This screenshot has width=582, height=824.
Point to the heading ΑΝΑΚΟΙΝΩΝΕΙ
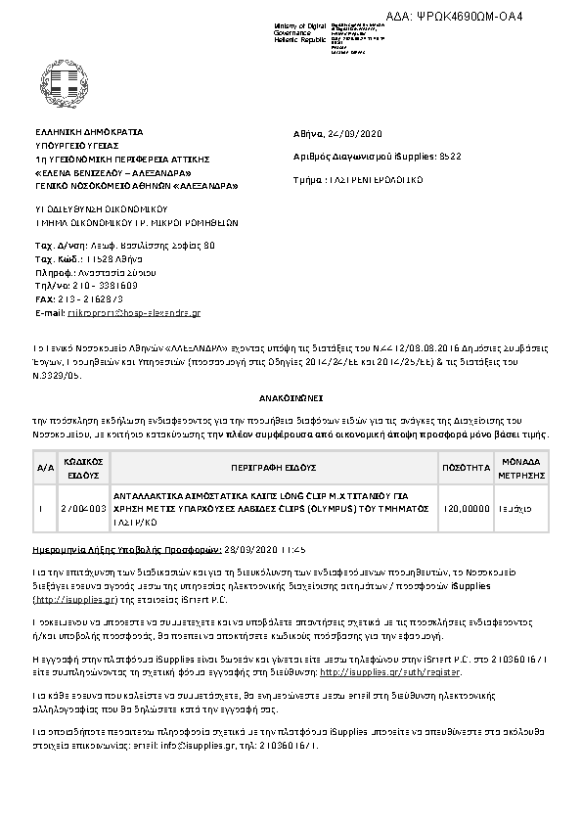(291, 399)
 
